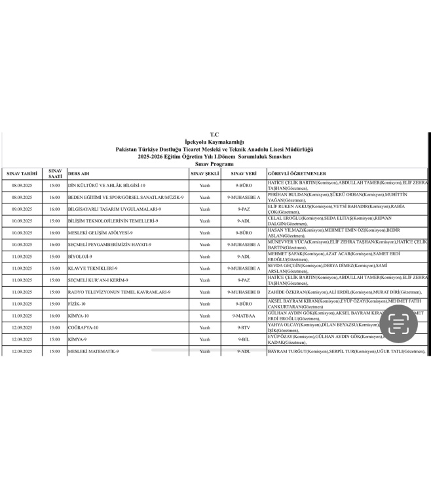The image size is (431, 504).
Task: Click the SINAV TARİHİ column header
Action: [22, 173]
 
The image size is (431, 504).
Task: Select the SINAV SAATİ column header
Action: [55, 173]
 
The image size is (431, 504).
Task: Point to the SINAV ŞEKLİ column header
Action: [205, 173]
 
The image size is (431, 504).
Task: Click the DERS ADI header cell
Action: [80, 173]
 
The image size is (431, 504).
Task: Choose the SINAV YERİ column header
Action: [243, 173]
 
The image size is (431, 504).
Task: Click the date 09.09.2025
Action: [22, 209]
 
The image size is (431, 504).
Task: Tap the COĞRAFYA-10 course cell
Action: [84, 327]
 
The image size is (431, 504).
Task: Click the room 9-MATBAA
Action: [243, 316]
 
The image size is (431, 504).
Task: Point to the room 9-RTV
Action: [243, 327]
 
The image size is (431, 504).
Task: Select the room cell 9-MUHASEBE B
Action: [243, 292]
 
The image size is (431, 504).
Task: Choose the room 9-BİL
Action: [243, 339]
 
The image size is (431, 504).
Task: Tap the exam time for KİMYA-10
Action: [55, 316]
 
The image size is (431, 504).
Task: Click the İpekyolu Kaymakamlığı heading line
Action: [215, 142]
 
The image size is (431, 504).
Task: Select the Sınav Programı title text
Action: [215, 163]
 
